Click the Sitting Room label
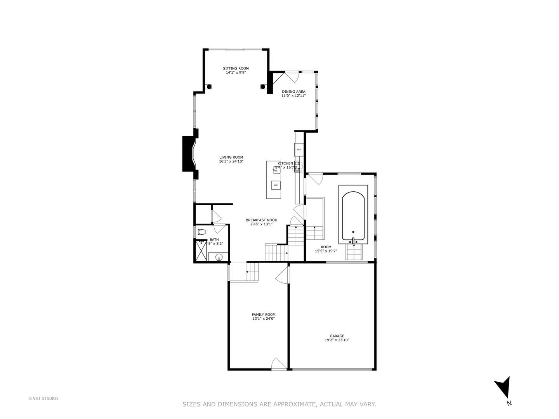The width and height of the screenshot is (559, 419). [236, 68]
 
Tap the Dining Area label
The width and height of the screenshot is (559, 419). [293, 92]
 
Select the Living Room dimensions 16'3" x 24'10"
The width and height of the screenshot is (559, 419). [231, 161]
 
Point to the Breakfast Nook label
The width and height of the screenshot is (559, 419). [261, 220]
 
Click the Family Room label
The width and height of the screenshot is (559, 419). [264, 315]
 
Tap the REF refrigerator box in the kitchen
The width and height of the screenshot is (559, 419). [299, 149]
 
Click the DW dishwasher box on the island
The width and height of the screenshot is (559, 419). [276, 185]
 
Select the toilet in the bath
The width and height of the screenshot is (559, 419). [201, 232]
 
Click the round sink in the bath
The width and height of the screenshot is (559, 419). [219, 257]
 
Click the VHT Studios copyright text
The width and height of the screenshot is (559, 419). [43, 398]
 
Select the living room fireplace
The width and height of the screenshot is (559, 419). [189, 154]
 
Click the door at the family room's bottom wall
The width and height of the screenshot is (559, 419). [278, 364]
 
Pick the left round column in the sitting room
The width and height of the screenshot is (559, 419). [209, 87]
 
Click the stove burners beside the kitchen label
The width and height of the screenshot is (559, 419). [298, 166]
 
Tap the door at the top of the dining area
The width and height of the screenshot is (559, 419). [292, 76]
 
